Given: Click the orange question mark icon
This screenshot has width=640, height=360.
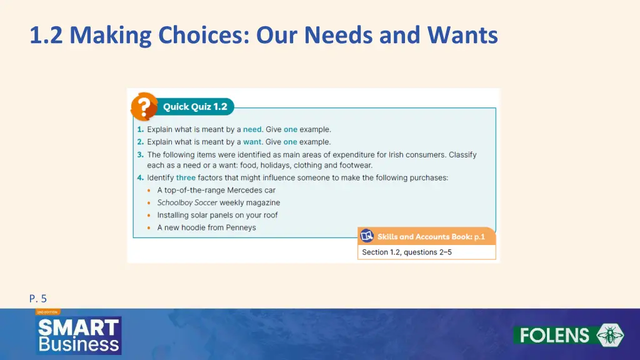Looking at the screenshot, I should pyautogui.click(x=143, y=107).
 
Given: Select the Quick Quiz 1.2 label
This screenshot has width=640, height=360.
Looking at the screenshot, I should pyautogui.click(x=195, y=107).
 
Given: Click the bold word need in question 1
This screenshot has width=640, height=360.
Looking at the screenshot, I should pyautogui.click(x=252, y=129).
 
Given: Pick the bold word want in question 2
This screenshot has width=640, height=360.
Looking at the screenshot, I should pyautogui.click(x=252, y=142).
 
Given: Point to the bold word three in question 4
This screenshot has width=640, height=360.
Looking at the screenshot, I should pyautogui.click(x=186, y=177).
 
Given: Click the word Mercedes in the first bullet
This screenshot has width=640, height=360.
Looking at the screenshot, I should pyautogui.click(x=245, y=190).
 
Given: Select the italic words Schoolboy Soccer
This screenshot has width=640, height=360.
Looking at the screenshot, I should pyautogui.click(x=187, y=202).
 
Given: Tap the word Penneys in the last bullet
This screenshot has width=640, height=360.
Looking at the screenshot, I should pyautogui.click(x=241, y=227).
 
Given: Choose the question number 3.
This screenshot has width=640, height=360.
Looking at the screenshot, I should pyautogui.click(x=140, y=154).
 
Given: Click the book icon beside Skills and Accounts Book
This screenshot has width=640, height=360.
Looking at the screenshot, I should pyautogui.click(x=367, y=236).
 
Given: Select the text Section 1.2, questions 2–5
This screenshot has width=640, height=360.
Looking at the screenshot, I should pyautogui.click(x=407, y=252).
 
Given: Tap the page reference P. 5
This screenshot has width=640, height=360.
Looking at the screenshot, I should pyautogui.click(x=38, y=299).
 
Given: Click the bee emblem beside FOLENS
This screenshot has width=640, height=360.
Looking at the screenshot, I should pyautogui.click(x=609, y=335).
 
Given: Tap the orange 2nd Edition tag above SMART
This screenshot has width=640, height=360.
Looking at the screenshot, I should pyautogui.click(x=47, y=311).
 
